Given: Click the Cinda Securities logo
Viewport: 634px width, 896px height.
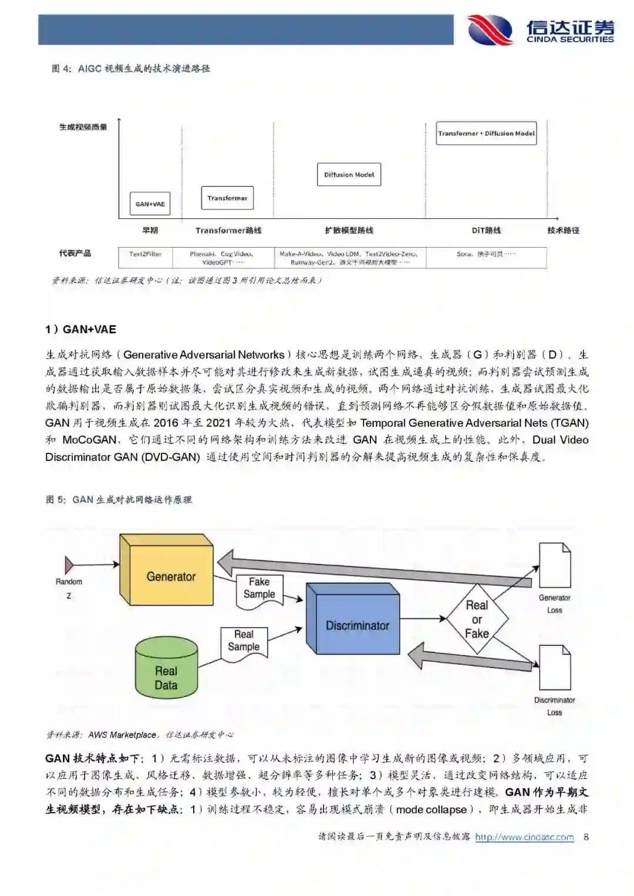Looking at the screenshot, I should [540, 29].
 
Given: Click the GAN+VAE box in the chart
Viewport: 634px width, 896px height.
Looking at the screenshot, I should [150, 204].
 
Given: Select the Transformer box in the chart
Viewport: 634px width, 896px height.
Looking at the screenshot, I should [227, 198].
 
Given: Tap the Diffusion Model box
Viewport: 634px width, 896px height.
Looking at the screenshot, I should [349, 174].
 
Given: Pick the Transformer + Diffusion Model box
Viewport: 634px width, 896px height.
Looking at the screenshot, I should [486, 133].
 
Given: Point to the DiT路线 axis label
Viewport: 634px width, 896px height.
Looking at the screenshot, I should [486, 231].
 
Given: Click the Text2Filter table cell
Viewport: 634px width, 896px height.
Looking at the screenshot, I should [146, 254].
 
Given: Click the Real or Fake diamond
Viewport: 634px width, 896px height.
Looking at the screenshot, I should [477, 619].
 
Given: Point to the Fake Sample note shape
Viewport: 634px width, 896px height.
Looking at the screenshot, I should [259, 589].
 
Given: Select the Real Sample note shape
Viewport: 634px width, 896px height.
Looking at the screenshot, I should [244, 641].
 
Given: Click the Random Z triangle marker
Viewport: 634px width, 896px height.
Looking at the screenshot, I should [69, 565].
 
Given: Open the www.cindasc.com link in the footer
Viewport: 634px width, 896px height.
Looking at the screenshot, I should [524, 837].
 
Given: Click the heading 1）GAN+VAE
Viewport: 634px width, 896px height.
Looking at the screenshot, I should [81, 330].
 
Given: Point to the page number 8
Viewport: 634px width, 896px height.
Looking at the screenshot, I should [586, 837].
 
